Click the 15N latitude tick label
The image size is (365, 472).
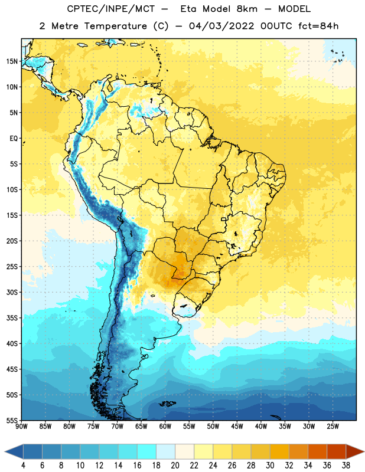(x=12, y=61)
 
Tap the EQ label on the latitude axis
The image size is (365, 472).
(x=14, y=139)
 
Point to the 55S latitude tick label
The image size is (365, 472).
(x=12, y=420)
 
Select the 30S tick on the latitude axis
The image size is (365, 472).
(x=12, y=292)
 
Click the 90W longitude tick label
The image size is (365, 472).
(x=21, y=427)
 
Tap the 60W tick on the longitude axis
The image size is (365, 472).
(x=165, y=427)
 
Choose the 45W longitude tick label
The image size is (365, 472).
(x=237, y=427)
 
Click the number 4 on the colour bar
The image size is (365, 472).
(x=23, y=466)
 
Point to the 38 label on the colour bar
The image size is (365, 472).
(x=346, y=466)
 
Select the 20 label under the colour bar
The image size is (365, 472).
(x=175, y=466)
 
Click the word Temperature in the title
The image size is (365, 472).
(x=115, y=26)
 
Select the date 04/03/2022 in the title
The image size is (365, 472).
(x=221, y=26)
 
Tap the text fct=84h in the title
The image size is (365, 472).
(x=318, y=26)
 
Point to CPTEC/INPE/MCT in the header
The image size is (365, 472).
(x=110, y=9)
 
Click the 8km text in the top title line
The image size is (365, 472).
(x=247, y=9)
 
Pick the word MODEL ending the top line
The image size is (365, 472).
(x=294, y=9)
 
